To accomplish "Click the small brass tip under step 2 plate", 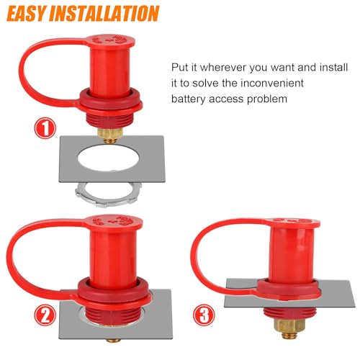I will tap(107, 336).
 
